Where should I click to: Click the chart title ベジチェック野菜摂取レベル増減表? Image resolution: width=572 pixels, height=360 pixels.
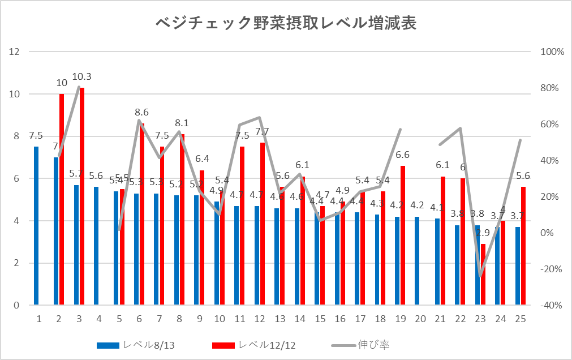click(x=286, y=23)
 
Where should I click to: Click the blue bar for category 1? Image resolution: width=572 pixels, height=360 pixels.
click(x=36, y=226)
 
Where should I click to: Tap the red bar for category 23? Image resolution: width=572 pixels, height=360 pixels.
click(x=483, y=275)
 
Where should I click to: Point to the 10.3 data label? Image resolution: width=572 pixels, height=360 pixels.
click(x=82, y=76)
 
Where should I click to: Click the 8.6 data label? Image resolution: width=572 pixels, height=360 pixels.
click(x=142, y=113)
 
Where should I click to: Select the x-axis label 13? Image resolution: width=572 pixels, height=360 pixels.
click(x=280, y=319)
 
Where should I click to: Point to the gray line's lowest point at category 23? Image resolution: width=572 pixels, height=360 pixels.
click(x=480, y=276)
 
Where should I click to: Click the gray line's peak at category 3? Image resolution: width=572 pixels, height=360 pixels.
click(x=79, y=87)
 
